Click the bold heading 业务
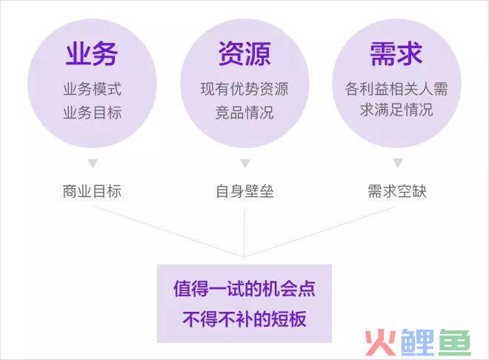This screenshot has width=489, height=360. [x=92, y=53]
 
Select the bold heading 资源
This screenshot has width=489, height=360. [x=245, y=53]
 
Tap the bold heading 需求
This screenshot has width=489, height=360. [x=396, y=53]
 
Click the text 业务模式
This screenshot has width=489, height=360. [x=93, y=89]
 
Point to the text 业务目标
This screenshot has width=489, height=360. [x=93, y=113]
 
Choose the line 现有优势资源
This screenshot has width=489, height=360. [x=245, y=89]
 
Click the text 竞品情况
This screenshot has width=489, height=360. [x=245, y=113]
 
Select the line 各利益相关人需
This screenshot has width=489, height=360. [x=396, y=89]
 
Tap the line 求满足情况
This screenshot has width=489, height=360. [x=396, y=110]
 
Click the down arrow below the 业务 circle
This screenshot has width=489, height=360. [x=93, y=163]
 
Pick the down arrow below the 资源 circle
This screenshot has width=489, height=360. [x=245, y=163]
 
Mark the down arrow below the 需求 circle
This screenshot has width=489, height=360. [x=398, y=163]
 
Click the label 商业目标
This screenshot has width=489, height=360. [x=92, y=191]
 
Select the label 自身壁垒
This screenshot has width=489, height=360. [x=245, y=191]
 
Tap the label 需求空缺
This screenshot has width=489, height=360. [x=397, y=191]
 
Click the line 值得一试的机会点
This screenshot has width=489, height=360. [x=245, y=289]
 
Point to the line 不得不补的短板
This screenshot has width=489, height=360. [x=245, y=319]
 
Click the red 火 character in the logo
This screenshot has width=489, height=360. [x=381, y=342]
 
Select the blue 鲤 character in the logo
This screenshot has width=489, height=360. [x=418, y=342]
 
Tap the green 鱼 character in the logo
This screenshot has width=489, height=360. [x=454, y=342]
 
